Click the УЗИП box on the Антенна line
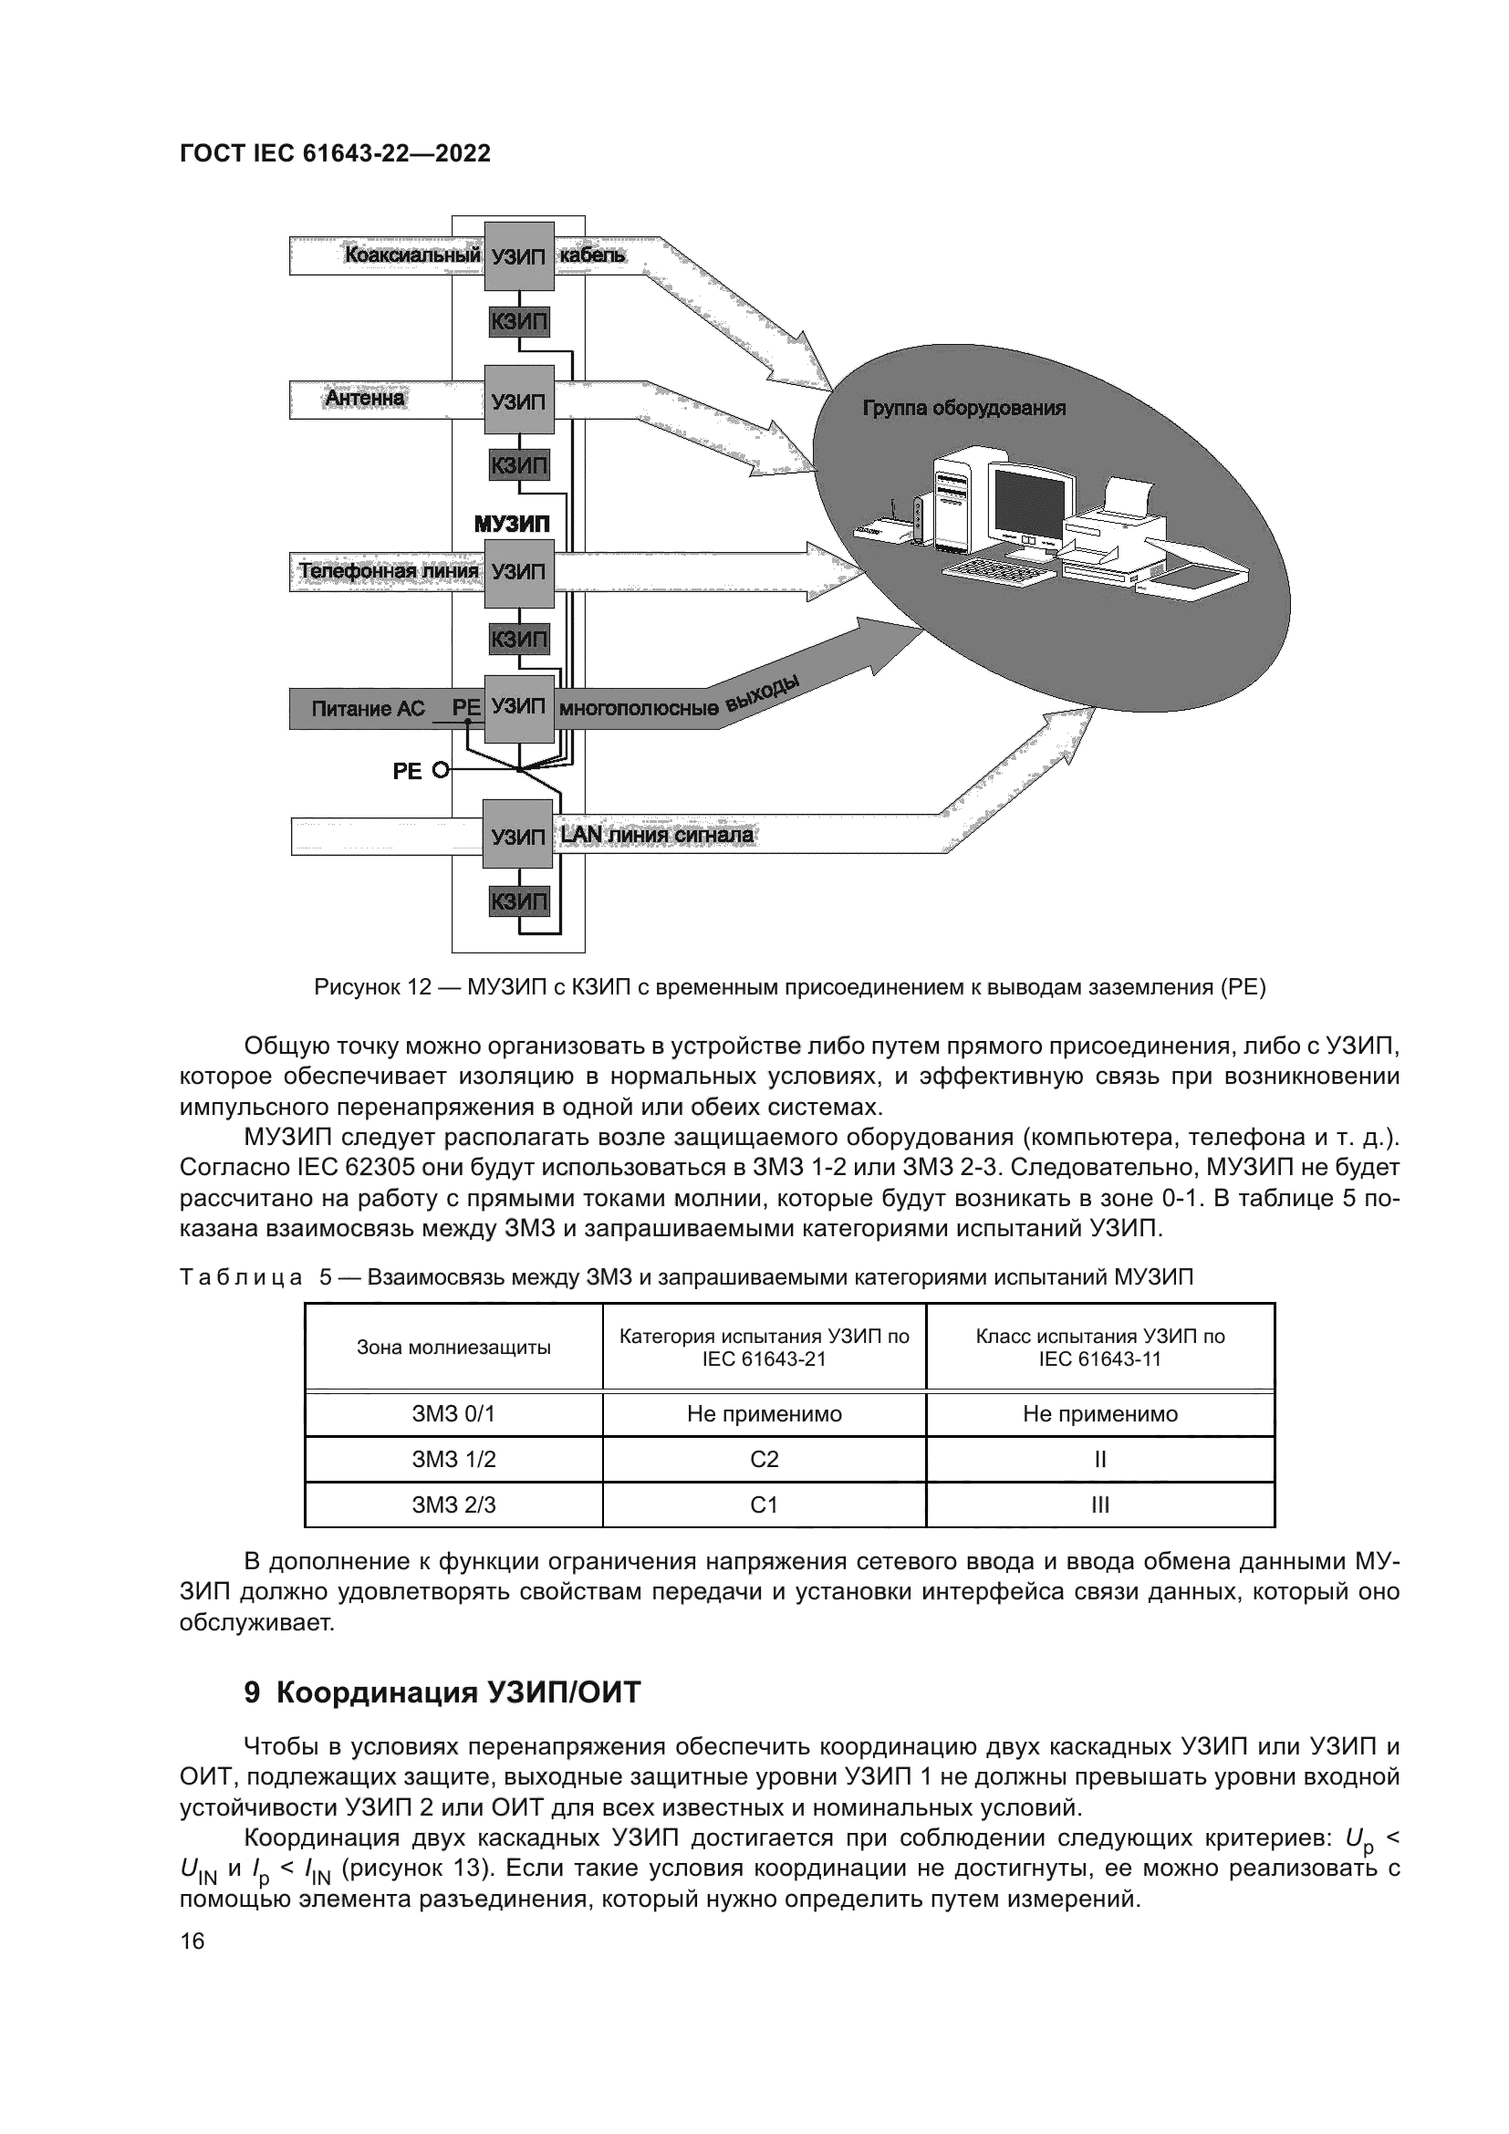pyautogui.click(x=518, y=401)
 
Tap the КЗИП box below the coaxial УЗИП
pyautogui.click(x=518, y=322)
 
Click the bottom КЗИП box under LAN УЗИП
pyautogui.click(x=518, y=900)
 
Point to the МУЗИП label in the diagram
pyautogui.click(x=512, y=525)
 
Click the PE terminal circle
pyautogui.click(x=441, y=770)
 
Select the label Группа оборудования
pyautogui.click(x=963, y=408)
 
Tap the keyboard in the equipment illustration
pyautogui.click(x=1000, y=568)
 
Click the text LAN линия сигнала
pyautogui.click(x=657, y=836)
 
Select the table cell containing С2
pyautogui.click(x=764, y=1459)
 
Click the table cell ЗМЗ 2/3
pyautogui.click(x=453, y=1504)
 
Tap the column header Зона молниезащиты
pyautogui.click(x=453, y=1348)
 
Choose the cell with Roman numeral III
pyautogui.click(x=1099, y=1504)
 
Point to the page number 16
pyautogui.click(x=193, y=1941)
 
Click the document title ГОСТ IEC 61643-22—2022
pyautogui.click(x=336, y=153)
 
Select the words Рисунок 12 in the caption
pyautogui.click(x=371, y=987)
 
